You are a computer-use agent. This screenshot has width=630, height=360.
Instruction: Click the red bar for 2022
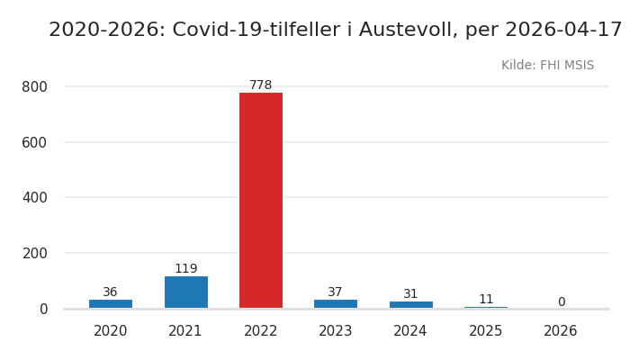[261, 200]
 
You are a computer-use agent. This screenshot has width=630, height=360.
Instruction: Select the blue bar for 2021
[185, 292]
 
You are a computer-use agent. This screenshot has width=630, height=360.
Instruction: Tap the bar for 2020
[111, 304]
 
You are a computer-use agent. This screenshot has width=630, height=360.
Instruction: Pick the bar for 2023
[336, 304]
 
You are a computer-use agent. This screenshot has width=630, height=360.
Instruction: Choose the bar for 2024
[410, 305]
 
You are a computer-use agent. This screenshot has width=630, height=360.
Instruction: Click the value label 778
[261, 85]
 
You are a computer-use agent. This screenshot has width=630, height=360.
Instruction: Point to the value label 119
[185, 269]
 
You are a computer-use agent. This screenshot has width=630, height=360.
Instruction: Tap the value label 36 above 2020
[111, 292]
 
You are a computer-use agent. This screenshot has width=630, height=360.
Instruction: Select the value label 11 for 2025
[486, 300]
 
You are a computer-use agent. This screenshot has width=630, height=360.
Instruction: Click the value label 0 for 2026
[561, 302]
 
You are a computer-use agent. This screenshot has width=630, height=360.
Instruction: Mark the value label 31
[410, 294]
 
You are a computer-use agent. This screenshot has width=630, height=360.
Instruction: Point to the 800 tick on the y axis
[34, 87]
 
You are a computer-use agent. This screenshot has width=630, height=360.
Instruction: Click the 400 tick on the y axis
[34, 198]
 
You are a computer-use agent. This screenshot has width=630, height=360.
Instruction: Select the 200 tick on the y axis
[34, 254]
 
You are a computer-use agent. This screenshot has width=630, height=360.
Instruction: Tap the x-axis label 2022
[261, 331]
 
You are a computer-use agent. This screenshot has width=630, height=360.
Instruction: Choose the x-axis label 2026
[561, 331]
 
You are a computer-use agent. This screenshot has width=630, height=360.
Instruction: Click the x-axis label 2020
[111, 331]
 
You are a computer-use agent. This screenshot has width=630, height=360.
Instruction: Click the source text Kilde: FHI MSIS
[547, 66]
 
